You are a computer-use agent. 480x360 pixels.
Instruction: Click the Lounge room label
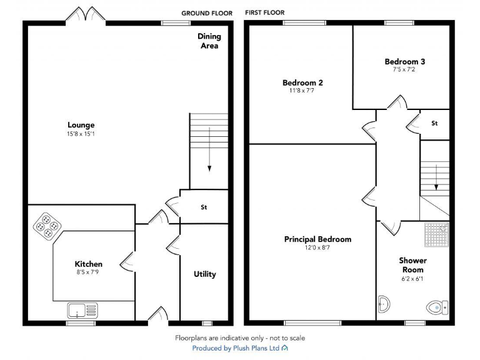click(x=81, y=125)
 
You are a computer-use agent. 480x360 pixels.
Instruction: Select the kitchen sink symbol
click(x=82, y=309)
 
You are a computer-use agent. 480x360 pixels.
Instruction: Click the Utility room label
click(x=205, y=274)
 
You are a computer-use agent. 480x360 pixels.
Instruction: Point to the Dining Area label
click(x=209, y=41)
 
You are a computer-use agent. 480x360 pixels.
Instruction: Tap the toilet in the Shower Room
click(x=436, y=307)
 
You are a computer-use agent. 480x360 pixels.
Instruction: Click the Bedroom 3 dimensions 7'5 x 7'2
click(x=404, y=69)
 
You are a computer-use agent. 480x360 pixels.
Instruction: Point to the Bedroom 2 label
click(x=302, y=82)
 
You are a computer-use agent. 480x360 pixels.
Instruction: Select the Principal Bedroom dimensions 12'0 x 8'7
click(x=317, y=247)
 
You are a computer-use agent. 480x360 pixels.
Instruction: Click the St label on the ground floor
click(x=204, y=207)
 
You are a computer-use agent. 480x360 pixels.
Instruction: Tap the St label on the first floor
click(x=434, y=123)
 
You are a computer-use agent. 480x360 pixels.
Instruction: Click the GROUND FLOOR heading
click(x=207, y=13)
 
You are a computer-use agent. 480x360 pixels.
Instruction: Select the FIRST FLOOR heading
click(x=264, y=12)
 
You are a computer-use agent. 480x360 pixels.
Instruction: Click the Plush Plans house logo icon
click(x=285, y=347)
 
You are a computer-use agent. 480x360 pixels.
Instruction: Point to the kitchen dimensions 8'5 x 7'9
click(x=89, y=272)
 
